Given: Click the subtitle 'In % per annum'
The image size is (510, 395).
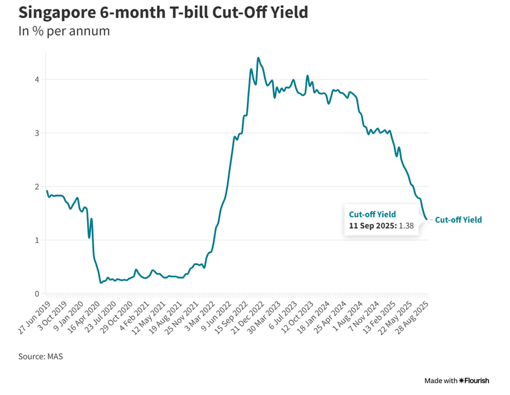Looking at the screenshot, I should [64, 31].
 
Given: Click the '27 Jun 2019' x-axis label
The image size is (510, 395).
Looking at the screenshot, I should [32, 318].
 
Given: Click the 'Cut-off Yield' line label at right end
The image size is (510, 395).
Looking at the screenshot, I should [459, 220].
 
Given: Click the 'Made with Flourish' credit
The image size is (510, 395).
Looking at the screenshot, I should [457, 380].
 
